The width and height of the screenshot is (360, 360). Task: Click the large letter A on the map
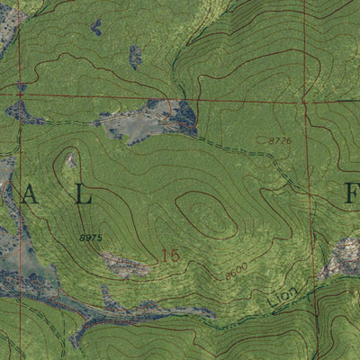[x=31, y=196]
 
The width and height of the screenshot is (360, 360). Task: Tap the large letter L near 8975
[x=84, y=197]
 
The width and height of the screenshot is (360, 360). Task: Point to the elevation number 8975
[x=90, y=238]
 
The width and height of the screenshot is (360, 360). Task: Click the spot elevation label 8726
[x=281, y=140]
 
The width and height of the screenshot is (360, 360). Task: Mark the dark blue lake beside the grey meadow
[x=184, y=118]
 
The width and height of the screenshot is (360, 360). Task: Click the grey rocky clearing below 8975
[x=126, y=265]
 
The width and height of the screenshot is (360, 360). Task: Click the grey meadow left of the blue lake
[x=135, y=126]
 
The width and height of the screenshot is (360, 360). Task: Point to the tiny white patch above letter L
[x=70, y=161]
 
